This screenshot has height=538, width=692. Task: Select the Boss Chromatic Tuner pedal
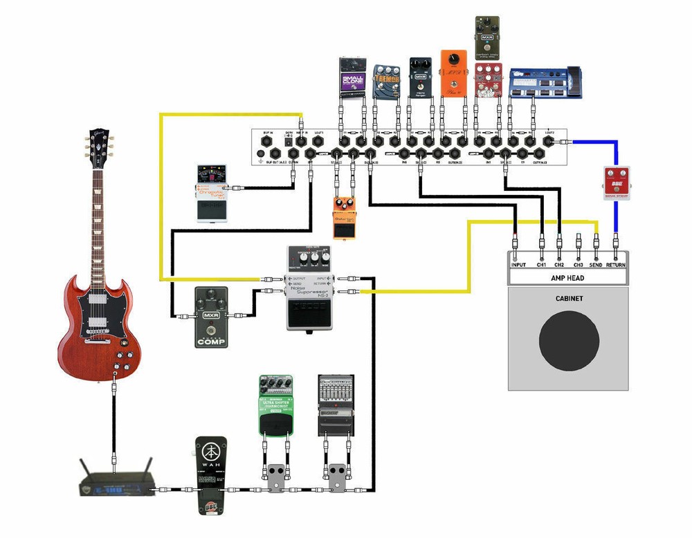(210, 194)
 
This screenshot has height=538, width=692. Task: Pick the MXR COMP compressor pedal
(212, 316)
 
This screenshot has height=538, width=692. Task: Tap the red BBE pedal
(615, 183)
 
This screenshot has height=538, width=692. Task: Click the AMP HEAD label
(567, 277)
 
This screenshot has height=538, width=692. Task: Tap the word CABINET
(569, 299)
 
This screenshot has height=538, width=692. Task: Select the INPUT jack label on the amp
(518, 264)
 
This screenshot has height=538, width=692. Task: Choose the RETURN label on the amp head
(616, 264)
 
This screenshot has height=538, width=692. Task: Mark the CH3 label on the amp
(579, 264)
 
